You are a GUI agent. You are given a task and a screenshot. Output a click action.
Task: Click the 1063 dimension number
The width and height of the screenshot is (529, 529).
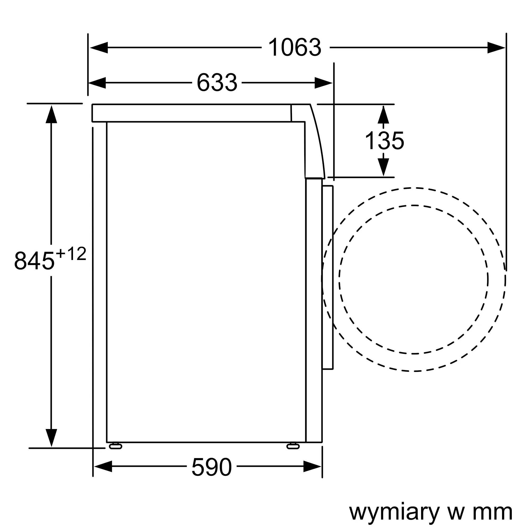coord(295,48)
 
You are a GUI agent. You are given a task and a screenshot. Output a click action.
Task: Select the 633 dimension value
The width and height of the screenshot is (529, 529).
coord(217,83)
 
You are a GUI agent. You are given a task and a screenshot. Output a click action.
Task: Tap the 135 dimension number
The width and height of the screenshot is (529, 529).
coord(384,141)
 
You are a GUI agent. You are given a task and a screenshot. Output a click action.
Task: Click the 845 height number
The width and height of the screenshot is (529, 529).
coord(34,261)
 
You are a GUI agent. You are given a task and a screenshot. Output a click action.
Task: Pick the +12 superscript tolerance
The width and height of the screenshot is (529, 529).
coord(71,254)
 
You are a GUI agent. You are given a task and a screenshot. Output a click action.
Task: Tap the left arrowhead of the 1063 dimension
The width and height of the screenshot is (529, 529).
coord(99,48)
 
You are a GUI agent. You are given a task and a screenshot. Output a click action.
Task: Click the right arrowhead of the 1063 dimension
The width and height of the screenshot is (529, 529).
coord(496,48)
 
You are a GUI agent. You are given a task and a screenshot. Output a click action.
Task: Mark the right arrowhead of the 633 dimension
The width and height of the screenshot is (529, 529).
coord(323,83)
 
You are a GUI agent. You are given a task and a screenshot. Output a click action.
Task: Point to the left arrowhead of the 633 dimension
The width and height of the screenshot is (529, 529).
coord(97,83)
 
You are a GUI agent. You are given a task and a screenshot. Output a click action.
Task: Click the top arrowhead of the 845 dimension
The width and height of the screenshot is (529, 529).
coord(51,114)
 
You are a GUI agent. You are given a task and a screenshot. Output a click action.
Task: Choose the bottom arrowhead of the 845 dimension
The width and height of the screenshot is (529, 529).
coord(51,437)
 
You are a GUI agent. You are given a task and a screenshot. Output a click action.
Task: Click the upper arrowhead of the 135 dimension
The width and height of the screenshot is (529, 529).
coord(383,115)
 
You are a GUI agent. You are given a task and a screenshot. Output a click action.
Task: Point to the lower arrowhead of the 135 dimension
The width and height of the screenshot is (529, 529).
coord(383,167)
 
